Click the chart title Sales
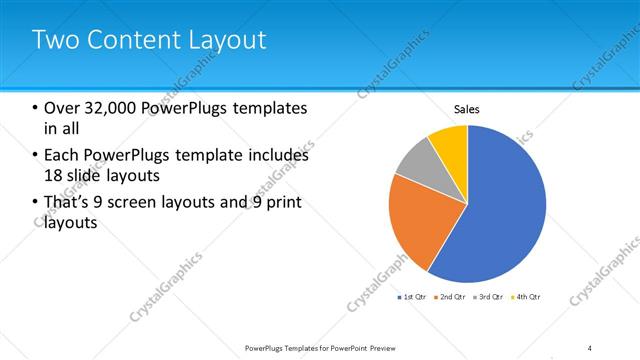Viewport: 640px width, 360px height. (467, 109)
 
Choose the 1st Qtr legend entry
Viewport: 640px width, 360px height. (414, 297)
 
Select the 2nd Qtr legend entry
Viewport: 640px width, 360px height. (453, 297)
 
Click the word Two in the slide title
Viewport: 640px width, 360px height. (52, 40)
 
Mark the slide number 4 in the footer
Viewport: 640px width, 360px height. (590, 347)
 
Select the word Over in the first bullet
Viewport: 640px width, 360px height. (61, 108)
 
